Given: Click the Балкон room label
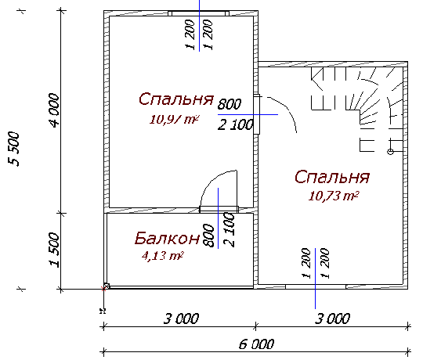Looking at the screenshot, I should (x=167, y=237).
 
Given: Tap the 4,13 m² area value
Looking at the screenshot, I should (x=162, y=255).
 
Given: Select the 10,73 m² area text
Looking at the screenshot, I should (x=334, y=196).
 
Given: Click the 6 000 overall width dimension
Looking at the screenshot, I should (x=255, y=343).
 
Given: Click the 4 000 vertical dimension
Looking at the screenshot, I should (x=53, y=114).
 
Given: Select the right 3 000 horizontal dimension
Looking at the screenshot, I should (x=332, y=319).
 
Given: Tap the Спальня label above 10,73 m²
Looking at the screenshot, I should (x=332, y=176).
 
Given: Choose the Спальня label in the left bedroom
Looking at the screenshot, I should (x=176, y=99).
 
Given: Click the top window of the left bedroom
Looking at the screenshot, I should (x=200, y=14).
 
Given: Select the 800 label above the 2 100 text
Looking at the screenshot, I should (x=230, y=104).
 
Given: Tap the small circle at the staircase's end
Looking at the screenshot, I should (x=390, y=150).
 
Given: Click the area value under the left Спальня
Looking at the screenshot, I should (x=174, y=119).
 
